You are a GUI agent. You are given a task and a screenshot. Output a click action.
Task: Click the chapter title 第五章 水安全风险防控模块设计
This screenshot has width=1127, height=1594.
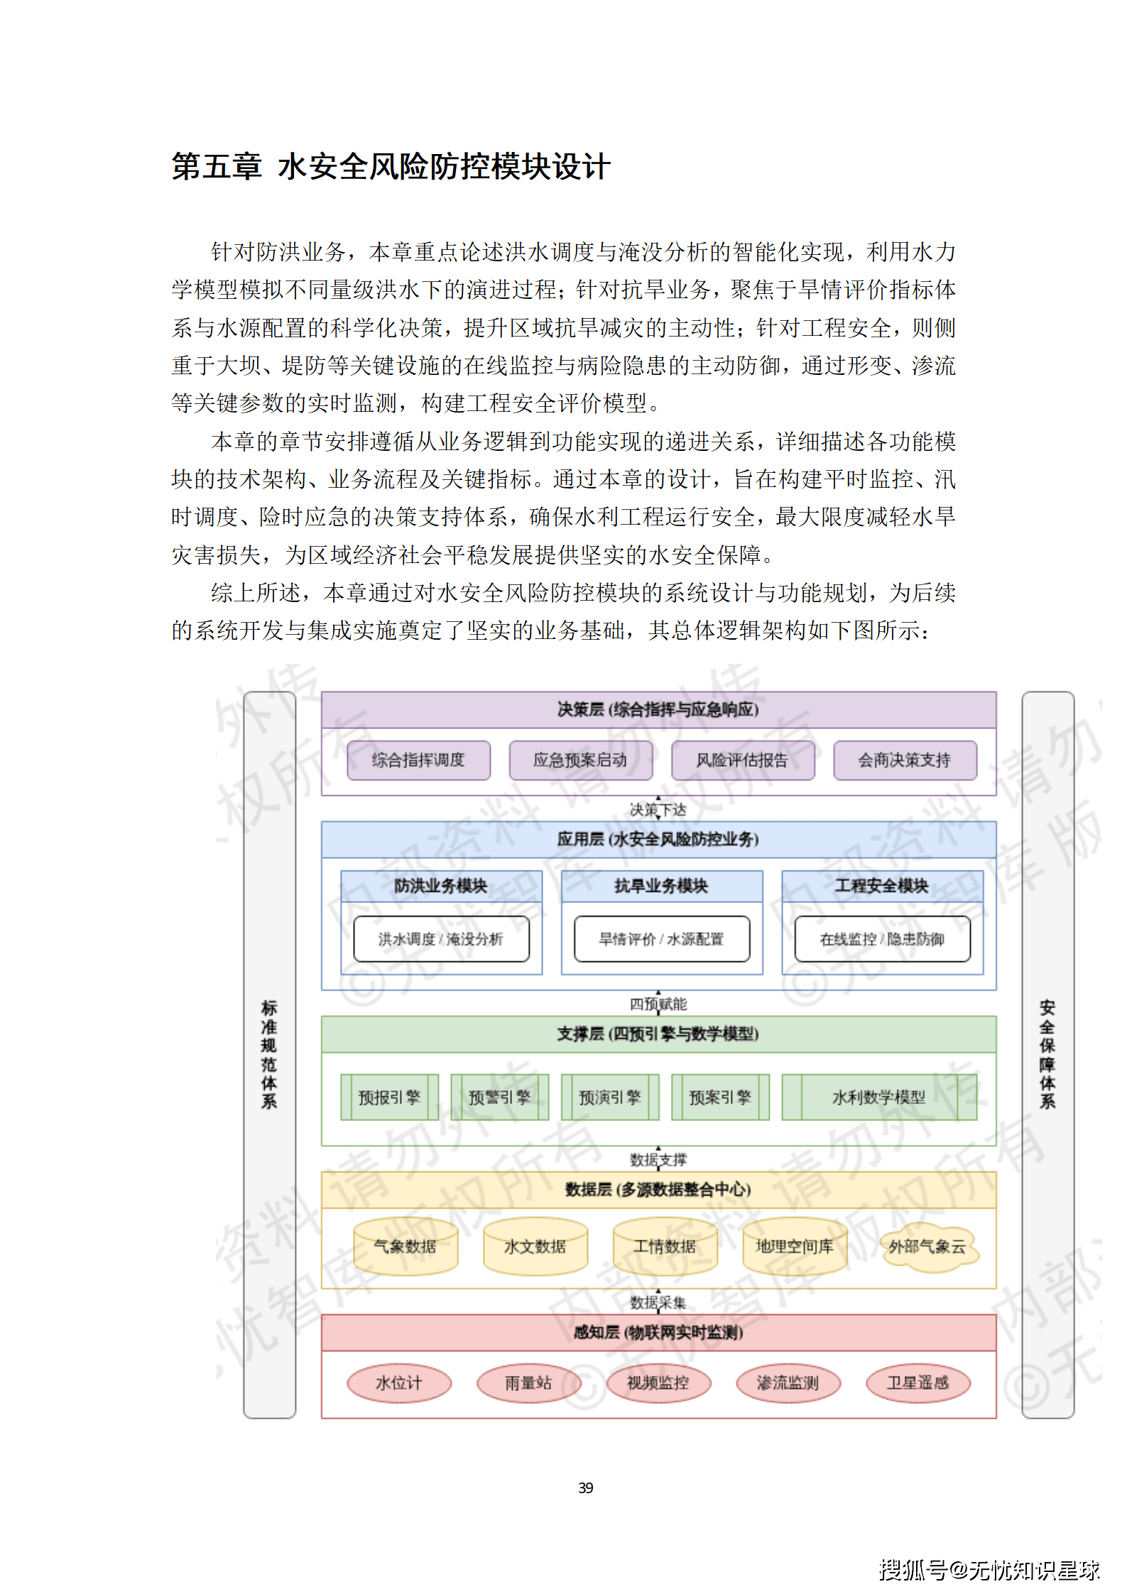(391, 167)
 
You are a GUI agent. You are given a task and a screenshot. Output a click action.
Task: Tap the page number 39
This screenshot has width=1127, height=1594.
(586, 1487)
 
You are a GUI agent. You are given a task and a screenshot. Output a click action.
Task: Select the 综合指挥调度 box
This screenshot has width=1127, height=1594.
(418, 760)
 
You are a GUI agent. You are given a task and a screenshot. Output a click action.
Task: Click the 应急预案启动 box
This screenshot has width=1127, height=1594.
(580, 760)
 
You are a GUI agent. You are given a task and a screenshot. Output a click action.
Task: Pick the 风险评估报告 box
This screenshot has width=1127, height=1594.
(742, 760)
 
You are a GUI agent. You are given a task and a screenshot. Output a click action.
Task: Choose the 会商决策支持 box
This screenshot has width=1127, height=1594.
(904, 760)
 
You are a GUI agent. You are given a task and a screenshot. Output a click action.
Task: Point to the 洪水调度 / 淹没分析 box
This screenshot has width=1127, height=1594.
(441, 939)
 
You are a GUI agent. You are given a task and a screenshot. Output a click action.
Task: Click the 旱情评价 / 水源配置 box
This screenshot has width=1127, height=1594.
(661, 939)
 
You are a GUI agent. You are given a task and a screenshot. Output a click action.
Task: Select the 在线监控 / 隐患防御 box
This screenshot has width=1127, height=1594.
(882, 939)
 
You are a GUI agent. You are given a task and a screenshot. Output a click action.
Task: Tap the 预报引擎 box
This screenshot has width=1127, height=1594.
(389, 1098)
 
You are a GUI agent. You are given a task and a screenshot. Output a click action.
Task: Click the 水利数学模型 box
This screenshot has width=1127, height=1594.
(878, 1098)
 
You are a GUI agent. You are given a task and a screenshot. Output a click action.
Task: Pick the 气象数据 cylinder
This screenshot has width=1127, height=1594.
(405, 1246)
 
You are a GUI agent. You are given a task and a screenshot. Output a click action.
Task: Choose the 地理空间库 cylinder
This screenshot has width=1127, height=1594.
(795, 1246)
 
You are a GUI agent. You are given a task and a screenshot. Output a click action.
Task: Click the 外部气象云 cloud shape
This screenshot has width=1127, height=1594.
(927, 1247)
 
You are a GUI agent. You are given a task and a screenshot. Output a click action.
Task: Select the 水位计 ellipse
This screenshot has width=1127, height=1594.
(399, 1383)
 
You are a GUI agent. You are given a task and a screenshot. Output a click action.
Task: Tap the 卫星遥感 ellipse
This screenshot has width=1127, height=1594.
(918, 1383)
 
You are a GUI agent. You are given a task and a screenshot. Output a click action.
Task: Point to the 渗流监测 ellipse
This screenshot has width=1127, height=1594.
(788, 1383)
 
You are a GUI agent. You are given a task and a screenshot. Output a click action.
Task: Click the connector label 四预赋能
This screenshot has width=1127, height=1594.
(658, 1004)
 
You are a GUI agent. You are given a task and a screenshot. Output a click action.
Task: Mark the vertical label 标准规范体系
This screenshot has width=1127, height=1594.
(269, 1054)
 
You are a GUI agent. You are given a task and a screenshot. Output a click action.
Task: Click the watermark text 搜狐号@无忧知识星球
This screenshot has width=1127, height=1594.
(989, 1570)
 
